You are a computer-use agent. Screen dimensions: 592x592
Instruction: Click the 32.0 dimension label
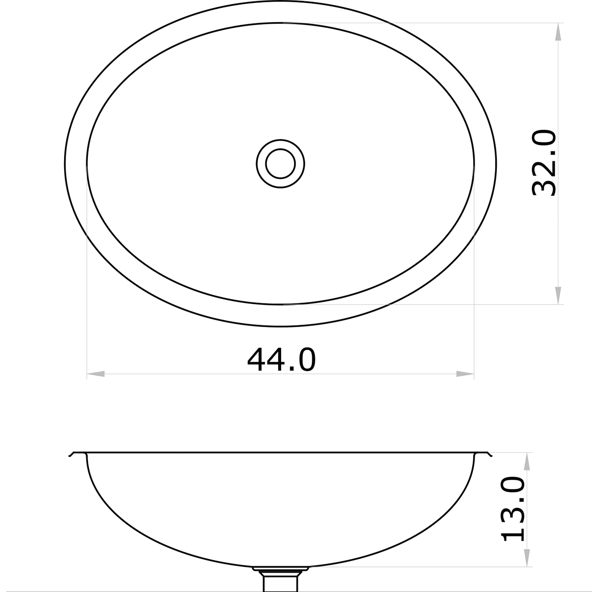(545, 163)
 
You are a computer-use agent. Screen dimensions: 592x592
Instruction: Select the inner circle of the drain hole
(280, 163)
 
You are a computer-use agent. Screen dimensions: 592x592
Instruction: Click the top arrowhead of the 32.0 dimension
(558, 32)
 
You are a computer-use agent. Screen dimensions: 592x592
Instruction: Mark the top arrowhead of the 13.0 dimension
(527, 462)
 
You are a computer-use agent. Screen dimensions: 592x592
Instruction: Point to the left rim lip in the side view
(72, 454)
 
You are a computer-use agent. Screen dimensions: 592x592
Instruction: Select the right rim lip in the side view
(488, 454)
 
